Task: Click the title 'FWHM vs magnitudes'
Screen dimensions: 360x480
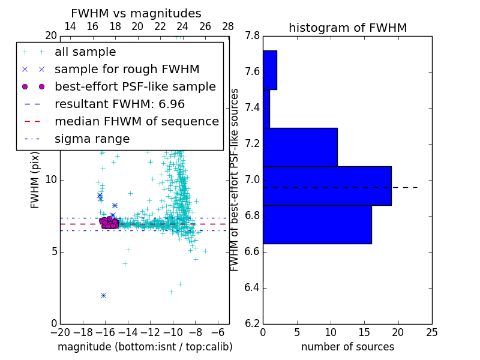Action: [x=136, y=14]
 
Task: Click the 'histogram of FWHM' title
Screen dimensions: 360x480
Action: [x=347, y=28]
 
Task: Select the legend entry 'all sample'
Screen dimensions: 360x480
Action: [x=85, y=52]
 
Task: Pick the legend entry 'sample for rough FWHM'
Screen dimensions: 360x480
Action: [x=127, y=69]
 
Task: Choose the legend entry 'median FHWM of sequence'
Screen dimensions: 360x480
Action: [x=136, y=121]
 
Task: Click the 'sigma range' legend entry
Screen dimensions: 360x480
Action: [x=92, y=139]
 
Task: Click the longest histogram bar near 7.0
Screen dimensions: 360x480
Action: [x=327, y=185]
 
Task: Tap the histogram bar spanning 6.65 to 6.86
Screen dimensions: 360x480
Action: [x=317, y=224]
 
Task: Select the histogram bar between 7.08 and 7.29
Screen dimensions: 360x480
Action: [x=300, y=147]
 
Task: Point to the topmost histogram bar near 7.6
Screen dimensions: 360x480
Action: [x=269, y=70]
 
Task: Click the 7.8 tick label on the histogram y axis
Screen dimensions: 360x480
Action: [x=252, y=36]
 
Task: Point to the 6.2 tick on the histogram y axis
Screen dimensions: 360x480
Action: [x=252, y=323]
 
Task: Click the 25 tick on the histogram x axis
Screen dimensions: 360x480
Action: [x=431, y=332]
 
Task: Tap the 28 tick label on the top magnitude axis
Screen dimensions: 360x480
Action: [x=228, y=26]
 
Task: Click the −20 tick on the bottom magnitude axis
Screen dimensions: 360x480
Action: [x=60, y=332]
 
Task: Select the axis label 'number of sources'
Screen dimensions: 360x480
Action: [x=347, y=347]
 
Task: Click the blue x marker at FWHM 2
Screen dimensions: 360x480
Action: [x=103, y=295]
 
